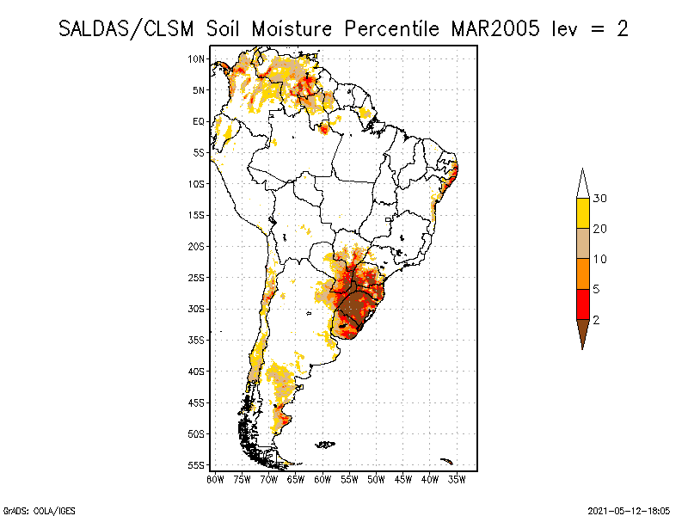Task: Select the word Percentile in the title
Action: click(x=390, y=28)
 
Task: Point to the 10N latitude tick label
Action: click(x=197, y=58)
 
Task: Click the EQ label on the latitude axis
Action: click(x=199, y=121)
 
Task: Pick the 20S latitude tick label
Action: click(x=197, y=246)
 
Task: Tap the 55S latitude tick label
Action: click(x=197, y=465)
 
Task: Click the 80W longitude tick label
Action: click(x=215, y=478)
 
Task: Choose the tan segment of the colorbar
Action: click(x=582, y=243)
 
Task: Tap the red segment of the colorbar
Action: click(x=582, y=304)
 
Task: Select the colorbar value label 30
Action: click(x=600, y=199)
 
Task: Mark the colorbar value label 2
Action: click(x=597, y=319)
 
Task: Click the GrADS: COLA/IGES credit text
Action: click(x=31, y=509)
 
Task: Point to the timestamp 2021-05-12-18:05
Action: click(x=629, y=509)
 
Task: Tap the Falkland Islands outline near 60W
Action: click(x=325, y=445)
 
